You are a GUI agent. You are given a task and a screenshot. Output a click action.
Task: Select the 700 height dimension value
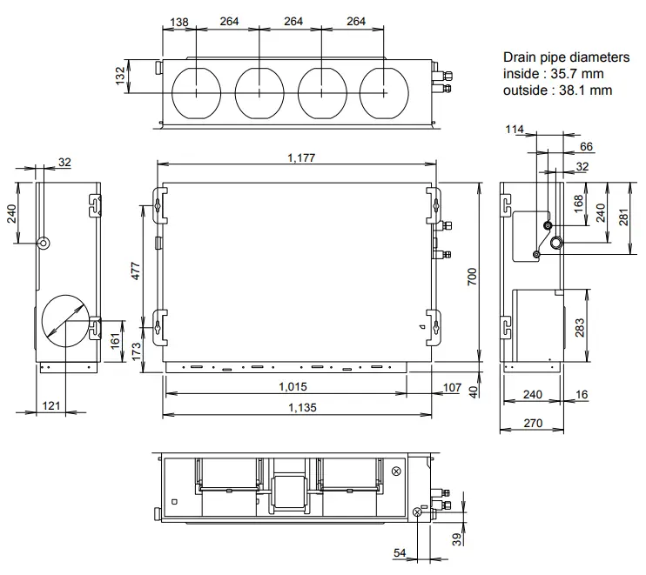pyautogui.click(x=471, y=276)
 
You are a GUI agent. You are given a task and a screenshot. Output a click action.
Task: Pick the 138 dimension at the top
pyautogui.click(x=179, y=22)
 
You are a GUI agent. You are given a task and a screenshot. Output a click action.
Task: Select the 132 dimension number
pyautogui.click(x=120, y=76)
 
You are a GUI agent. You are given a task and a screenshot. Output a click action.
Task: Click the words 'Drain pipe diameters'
pyautogui.click(x=566, y=57)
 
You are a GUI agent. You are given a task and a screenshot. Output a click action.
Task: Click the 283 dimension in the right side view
pyautogui.click(x=579, y=328)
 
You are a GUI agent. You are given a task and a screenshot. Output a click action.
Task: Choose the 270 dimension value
pyautogui.click(x=533, y=424)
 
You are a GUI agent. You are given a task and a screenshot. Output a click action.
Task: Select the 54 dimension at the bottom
pyautogui.click(x=399, y=553)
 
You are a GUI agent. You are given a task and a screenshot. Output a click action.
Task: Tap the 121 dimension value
pyautogui.click(x=51, y=405)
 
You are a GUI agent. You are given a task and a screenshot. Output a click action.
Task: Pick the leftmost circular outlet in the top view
pyautogui.click(x=198, y=90)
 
